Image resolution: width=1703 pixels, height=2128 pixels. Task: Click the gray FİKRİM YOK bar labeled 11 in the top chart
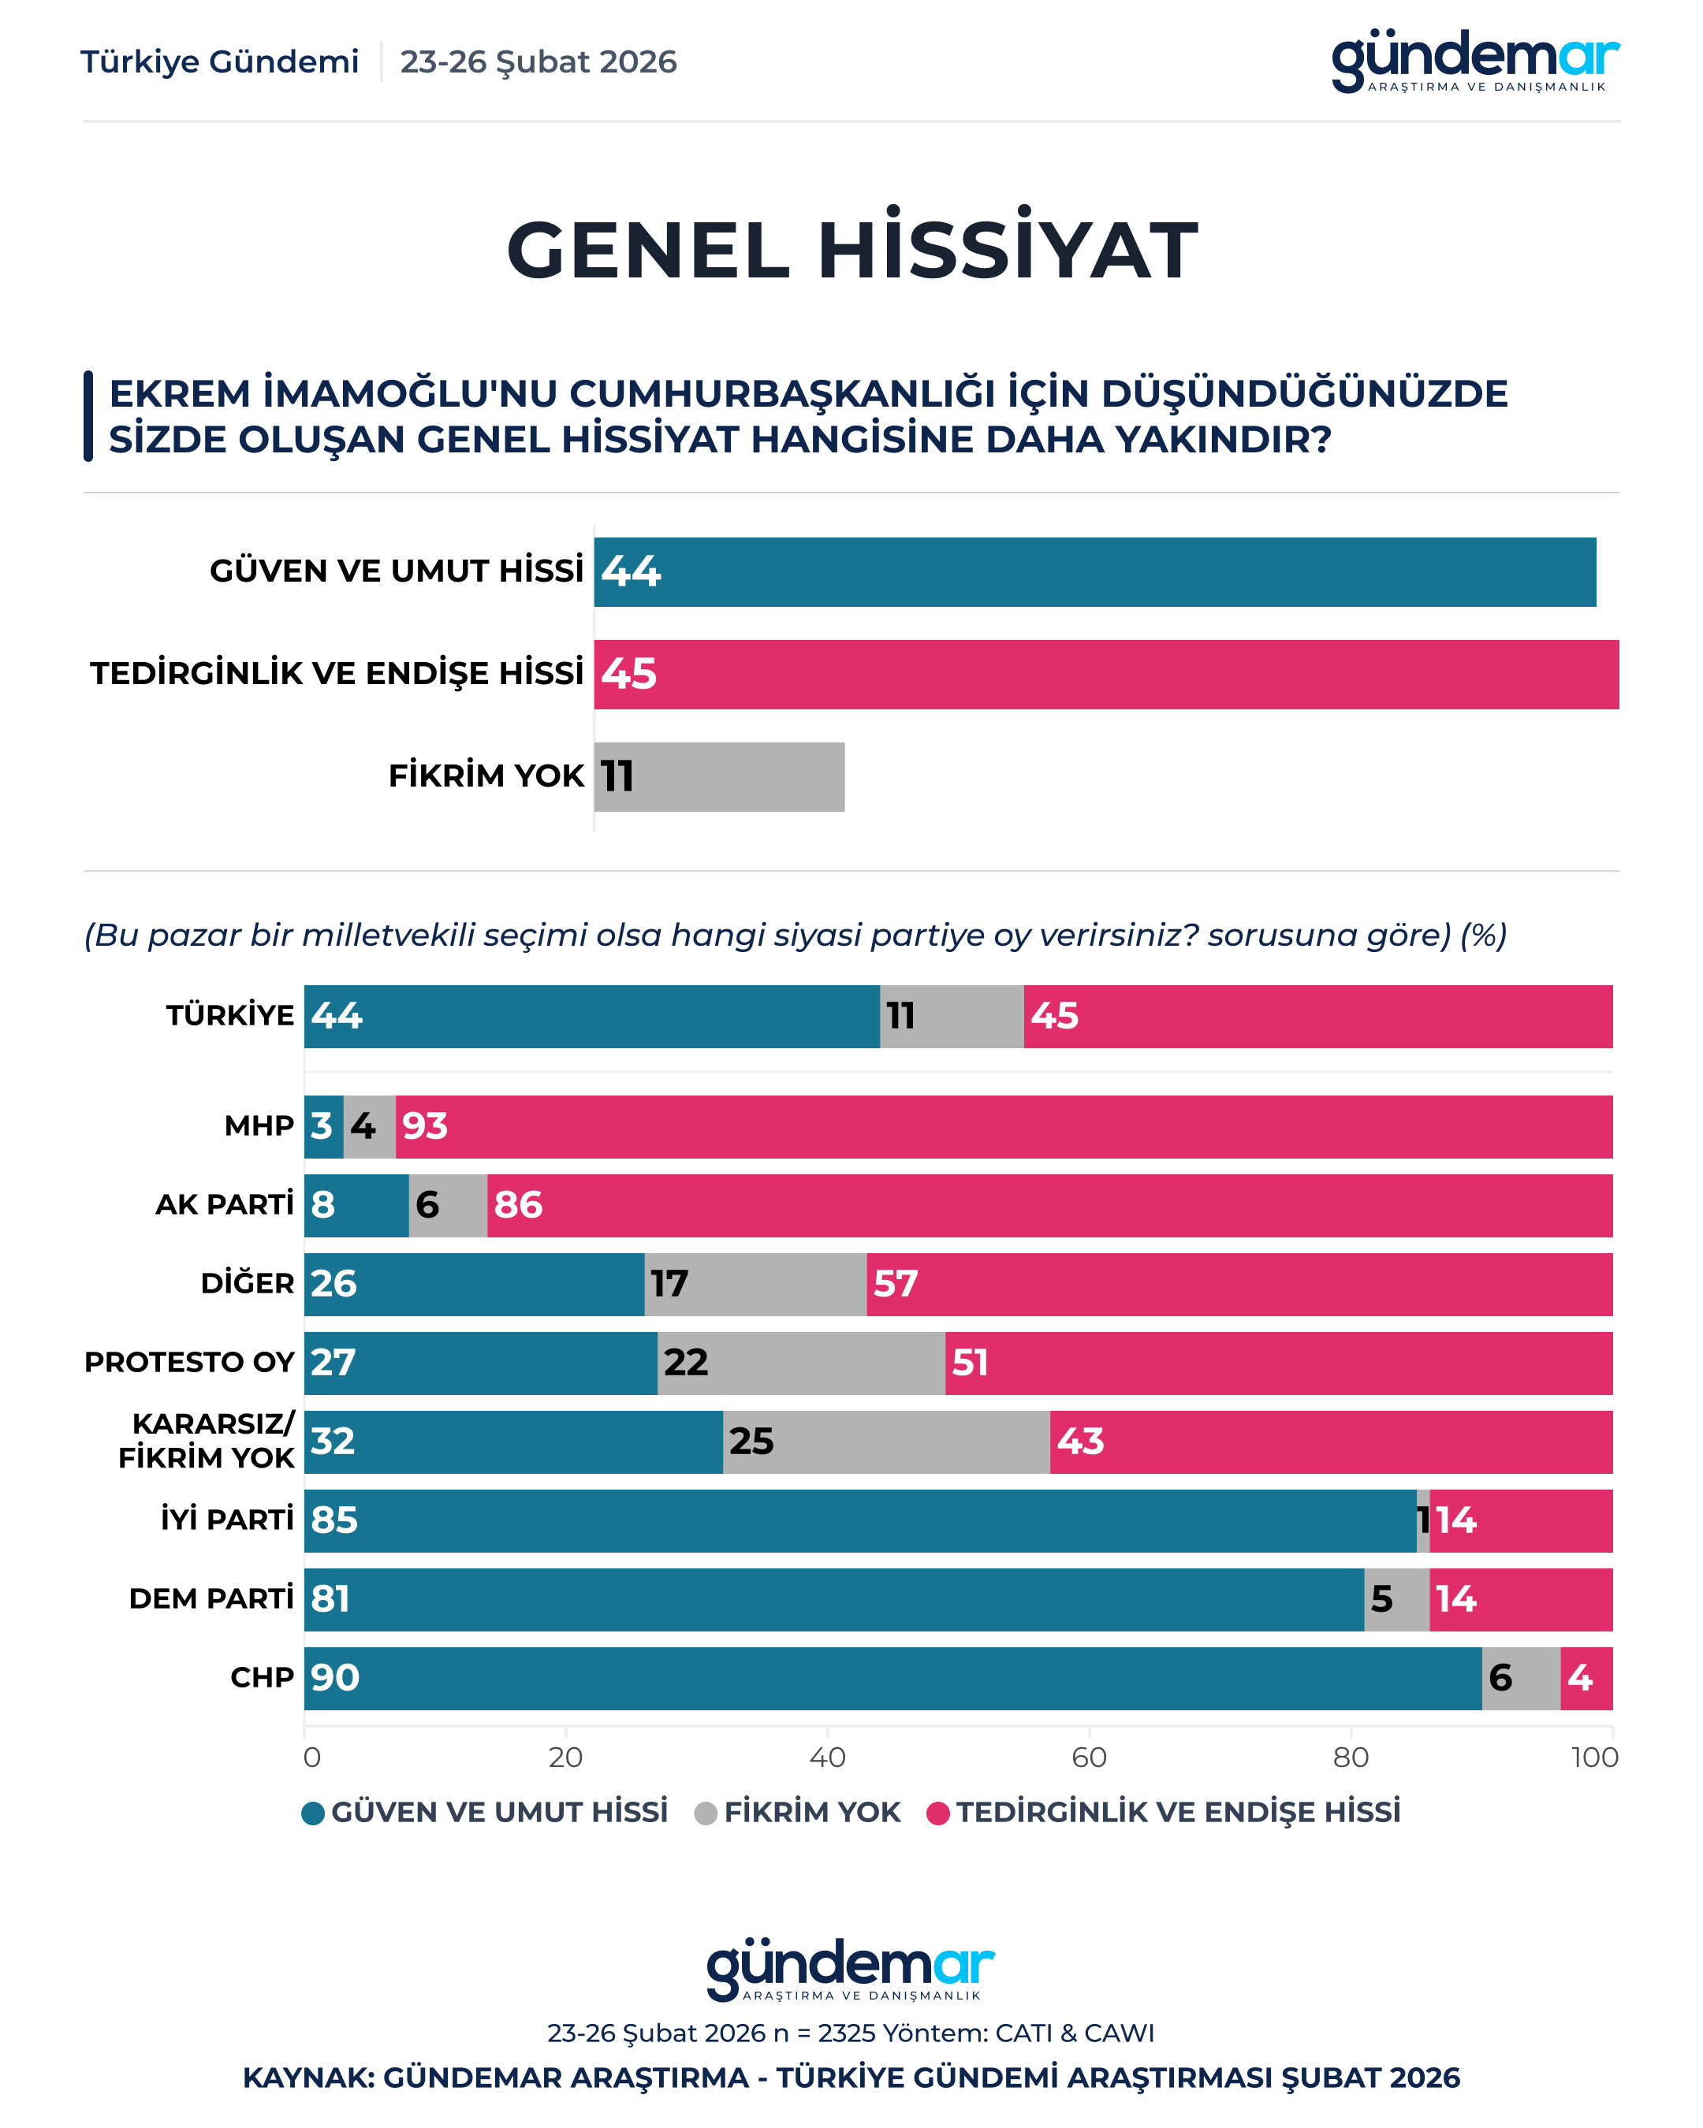720,777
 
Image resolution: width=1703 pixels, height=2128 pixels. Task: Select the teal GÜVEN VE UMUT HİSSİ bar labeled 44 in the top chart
1094,571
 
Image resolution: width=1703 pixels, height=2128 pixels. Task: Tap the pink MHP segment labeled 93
1003,1126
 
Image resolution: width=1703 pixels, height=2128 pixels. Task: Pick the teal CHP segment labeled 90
892,1678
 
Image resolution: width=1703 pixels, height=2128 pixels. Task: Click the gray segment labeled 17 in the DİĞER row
755,1284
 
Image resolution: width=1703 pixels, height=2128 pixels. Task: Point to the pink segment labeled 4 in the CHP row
1586,1678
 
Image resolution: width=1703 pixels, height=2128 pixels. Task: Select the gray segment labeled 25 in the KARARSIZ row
885,1442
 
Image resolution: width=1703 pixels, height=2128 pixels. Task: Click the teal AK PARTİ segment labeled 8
356,1205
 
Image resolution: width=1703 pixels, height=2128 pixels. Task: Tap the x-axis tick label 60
1088,1757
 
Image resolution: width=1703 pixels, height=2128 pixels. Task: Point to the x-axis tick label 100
1594,1757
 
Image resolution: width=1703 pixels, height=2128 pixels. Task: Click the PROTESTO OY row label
188,1362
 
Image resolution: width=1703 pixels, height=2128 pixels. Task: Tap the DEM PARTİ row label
211,1599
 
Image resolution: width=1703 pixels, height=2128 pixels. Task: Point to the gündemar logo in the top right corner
1475,61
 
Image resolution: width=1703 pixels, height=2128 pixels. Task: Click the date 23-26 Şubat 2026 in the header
538,62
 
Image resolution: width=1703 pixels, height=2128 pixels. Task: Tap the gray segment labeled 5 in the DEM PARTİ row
1396,1599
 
